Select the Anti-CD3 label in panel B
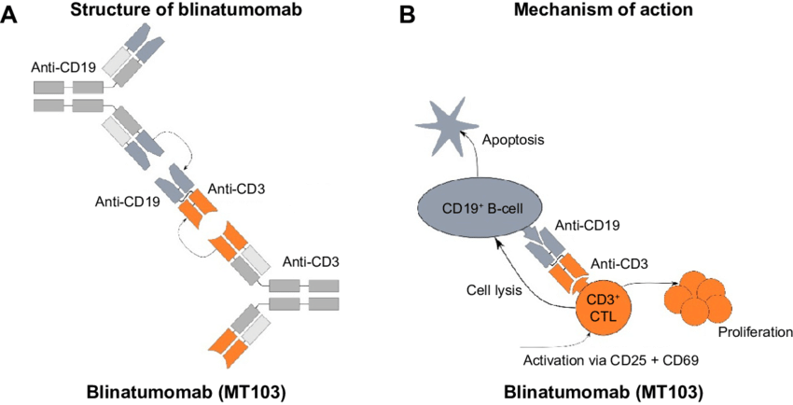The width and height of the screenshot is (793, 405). pyautogui.click(x=613, y=264)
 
